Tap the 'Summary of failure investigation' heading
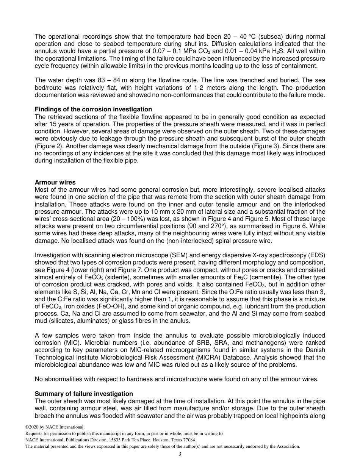coord(84,394)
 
